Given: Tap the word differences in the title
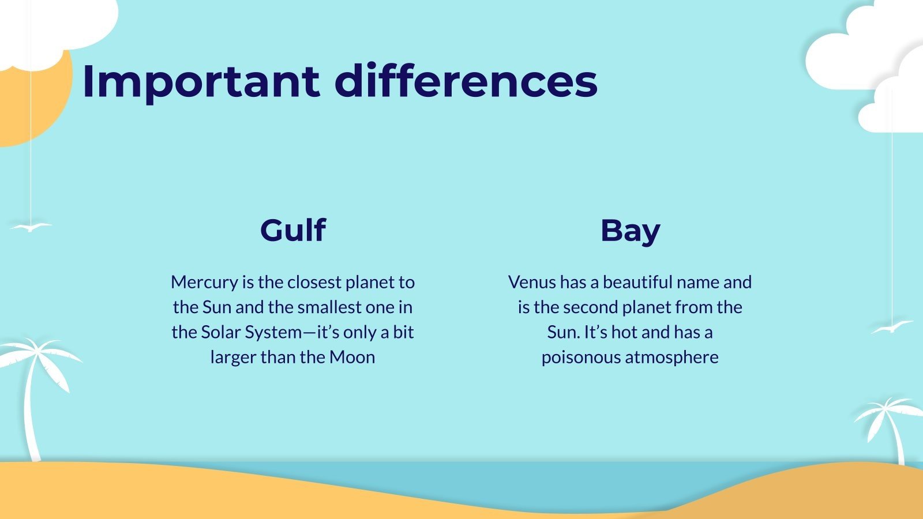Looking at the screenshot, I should pyautogui.click(x=466, y=81).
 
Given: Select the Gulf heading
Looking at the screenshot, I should pyautogui.click(x=292, y=230).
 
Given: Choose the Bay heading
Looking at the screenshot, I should pyautogui.click(x=630, y=231).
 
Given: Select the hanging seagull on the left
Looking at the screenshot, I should pyautogui.click(x=31, y=227).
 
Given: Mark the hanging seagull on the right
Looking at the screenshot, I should pyautogui.click(x=892, y=328).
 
